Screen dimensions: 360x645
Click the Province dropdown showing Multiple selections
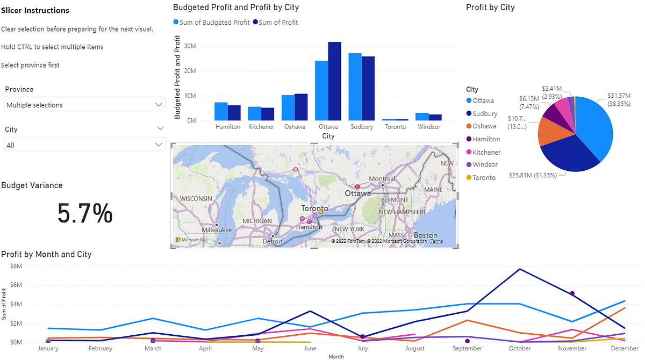[x=84, y=105]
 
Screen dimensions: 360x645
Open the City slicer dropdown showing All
[x=84, y=145]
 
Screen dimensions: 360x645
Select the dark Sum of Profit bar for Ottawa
[x=334, y=81]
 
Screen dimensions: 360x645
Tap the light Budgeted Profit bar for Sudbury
[x=355, y=87]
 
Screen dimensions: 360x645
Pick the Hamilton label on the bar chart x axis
[x=228, y=127]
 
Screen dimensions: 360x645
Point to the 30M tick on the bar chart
[x=189, y=46]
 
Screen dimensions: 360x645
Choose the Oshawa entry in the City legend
[x=484, y=126]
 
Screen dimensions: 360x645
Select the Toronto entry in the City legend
[x=484, y=177]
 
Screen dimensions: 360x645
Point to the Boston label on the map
[x=425, y=235]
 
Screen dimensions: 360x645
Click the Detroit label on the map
[x=273, y=242]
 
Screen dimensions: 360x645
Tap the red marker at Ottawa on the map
[x=357, y=186]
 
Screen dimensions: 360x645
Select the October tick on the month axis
[x=520, y=348]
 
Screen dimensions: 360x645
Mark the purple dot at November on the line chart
[x=572, y=293]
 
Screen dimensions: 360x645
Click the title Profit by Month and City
[x=46, y=254]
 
